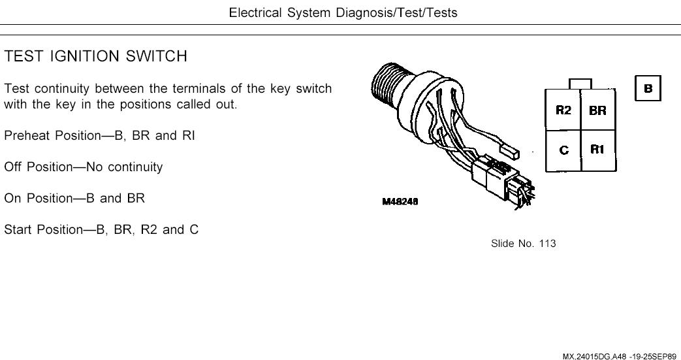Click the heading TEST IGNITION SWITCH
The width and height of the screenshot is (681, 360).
96,57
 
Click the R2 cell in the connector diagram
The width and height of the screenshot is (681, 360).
563,110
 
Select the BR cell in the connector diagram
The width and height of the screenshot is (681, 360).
597,110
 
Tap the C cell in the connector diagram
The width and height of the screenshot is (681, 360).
563,150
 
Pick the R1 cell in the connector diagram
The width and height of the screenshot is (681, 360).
597,149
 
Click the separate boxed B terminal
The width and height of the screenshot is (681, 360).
648,88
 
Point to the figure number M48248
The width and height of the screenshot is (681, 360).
400,201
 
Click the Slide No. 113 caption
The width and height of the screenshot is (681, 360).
523,244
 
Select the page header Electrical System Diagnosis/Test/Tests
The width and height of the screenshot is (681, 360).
343,12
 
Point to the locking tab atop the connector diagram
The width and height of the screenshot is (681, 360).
580,84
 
